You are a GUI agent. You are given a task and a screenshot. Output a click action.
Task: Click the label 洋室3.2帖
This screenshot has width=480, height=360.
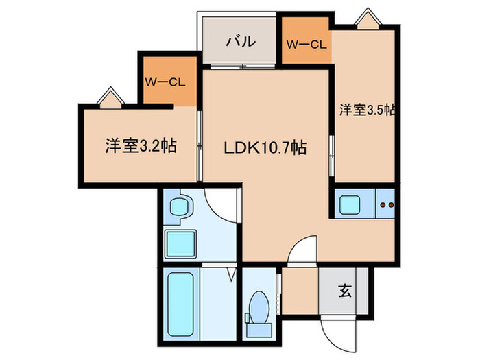141,147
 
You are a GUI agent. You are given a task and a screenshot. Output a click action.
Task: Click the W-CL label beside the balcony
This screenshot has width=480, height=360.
307,45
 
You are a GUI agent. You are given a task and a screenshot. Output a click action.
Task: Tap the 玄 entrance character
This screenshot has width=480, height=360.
344,291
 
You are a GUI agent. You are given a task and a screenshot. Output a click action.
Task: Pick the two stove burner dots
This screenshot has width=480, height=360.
387,204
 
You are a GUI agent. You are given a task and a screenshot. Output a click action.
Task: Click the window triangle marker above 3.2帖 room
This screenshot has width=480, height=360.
110,97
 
